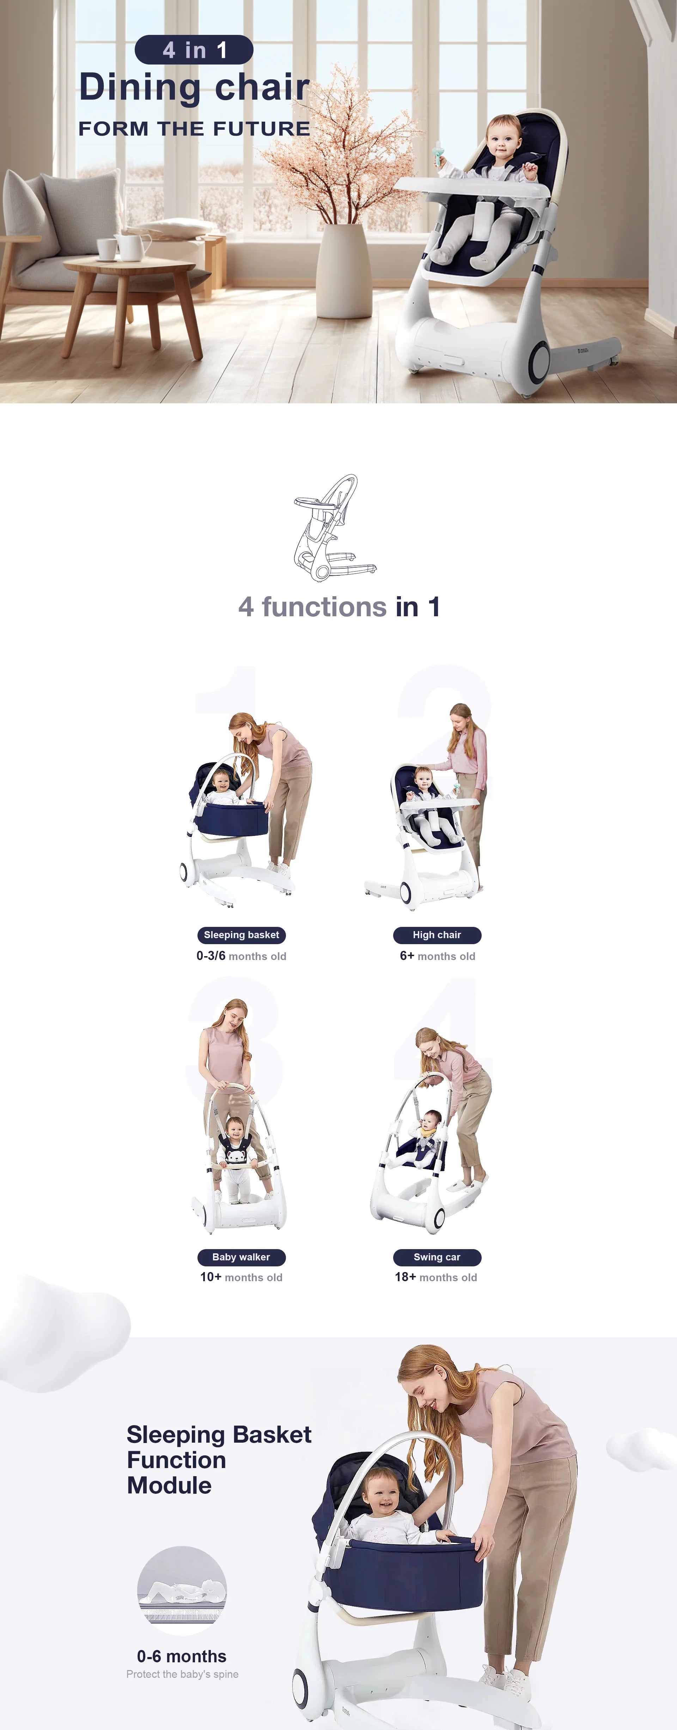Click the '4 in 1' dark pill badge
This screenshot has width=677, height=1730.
pos(194,50)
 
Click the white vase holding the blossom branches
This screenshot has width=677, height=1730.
pos(344,270)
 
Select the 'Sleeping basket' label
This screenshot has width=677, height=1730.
pos(241,935)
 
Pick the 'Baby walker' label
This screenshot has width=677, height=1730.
pos(241,1257)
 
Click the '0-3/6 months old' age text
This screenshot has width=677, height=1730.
pos(241,956)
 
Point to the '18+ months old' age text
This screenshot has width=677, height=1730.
pos(436,1277)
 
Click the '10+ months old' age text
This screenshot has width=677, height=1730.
pos(241,1277)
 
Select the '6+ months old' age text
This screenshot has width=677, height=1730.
pos(437,956)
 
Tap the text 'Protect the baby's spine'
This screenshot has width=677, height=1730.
pos(182,1674)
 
